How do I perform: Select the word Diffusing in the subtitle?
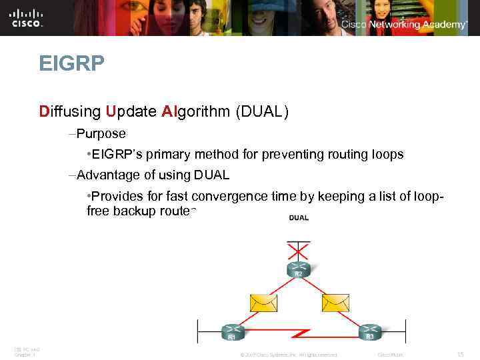pos(70,111)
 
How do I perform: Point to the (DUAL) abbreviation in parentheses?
pos(261,111)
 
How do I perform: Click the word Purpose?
pos(101,133)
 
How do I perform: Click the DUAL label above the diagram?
pos(298,219)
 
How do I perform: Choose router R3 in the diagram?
pos(369,331)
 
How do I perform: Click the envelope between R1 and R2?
pos(263,303)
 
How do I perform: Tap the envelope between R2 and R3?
pos(335,303)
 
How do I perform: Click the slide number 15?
pos(459,354)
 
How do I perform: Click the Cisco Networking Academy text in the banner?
pos(404,24)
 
